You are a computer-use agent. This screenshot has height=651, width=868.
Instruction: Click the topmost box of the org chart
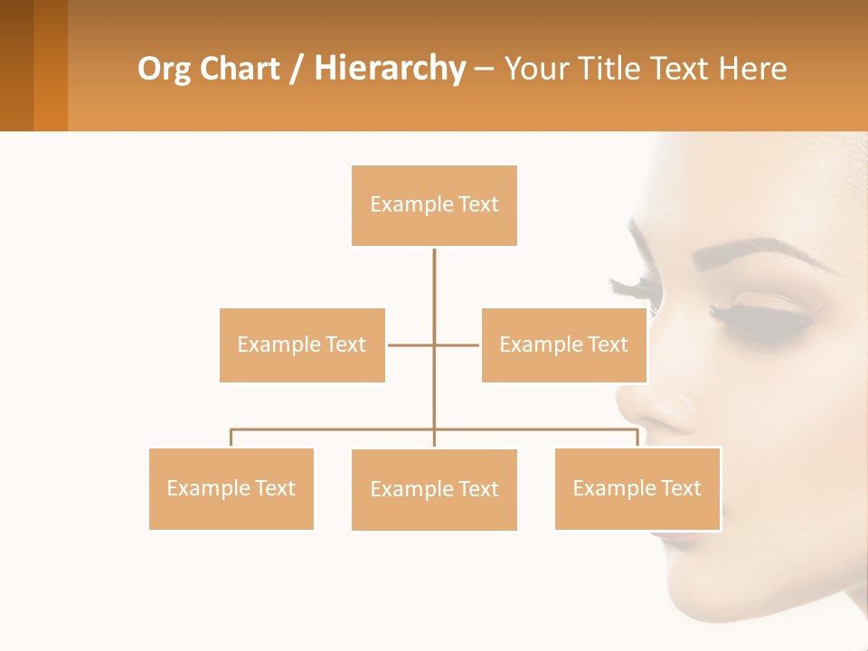tap(434, 205)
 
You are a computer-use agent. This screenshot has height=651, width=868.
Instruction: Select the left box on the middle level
tap(302, 344)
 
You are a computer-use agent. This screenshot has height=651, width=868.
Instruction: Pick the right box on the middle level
tap(563, 344)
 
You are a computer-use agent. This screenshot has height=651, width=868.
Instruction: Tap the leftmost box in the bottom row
tap(231, 488)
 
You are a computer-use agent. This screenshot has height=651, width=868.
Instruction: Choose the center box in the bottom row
tap(434, 489)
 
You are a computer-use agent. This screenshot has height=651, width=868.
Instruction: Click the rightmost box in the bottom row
tap(637, 488)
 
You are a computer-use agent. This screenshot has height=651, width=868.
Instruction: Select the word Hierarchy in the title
tap(390, 69)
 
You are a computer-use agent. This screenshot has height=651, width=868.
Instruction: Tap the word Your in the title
tap(536, 69)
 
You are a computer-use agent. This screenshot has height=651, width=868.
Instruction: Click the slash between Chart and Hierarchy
tap(297, 70)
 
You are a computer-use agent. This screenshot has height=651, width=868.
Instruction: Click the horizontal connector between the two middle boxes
tap(411, 344)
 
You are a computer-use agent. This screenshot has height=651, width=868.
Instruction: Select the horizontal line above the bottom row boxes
tap(335, 429)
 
